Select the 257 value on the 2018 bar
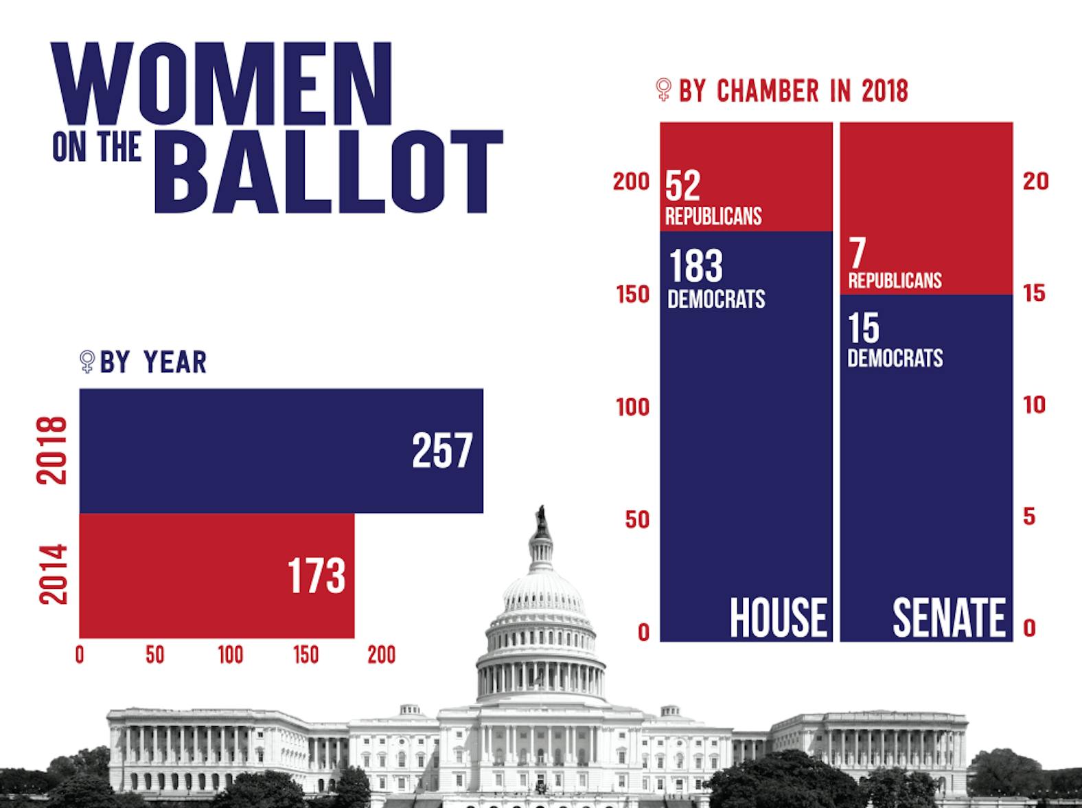click(x=442, y=451)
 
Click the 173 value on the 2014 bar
click(x=316, y=576)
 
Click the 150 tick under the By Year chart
click(x=306, y=655)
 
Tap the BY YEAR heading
click(x=153, y=362)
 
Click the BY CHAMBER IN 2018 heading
click(x=793, y=91)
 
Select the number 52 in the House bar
click(x=682, y=185)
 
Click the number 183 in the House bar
click(x=695, y=267)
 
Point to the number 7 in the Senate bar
click(x=857, y=254)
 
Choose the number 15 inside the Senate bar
click(x=863, y=328)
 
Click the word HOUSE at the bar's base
click(x=778, y=618)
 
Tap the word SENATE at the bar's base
click(x=949, y=618)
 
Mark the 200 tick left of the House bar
click(x=631, y=182)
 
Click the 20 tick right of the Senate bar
click(x=1036, y=181)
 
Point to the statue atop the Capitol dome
click(x=542, y=521)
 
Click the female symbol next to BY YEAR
click(x=87, y=361)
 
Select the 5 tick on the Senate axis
click(x=1028, y=517)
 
